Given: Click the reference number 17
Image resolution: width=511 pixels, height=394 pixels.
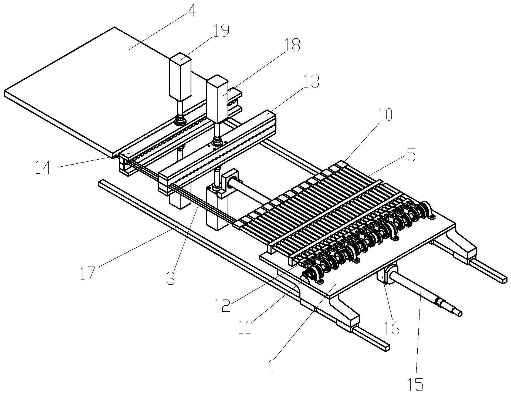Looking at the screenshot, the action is click(88, 272).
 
